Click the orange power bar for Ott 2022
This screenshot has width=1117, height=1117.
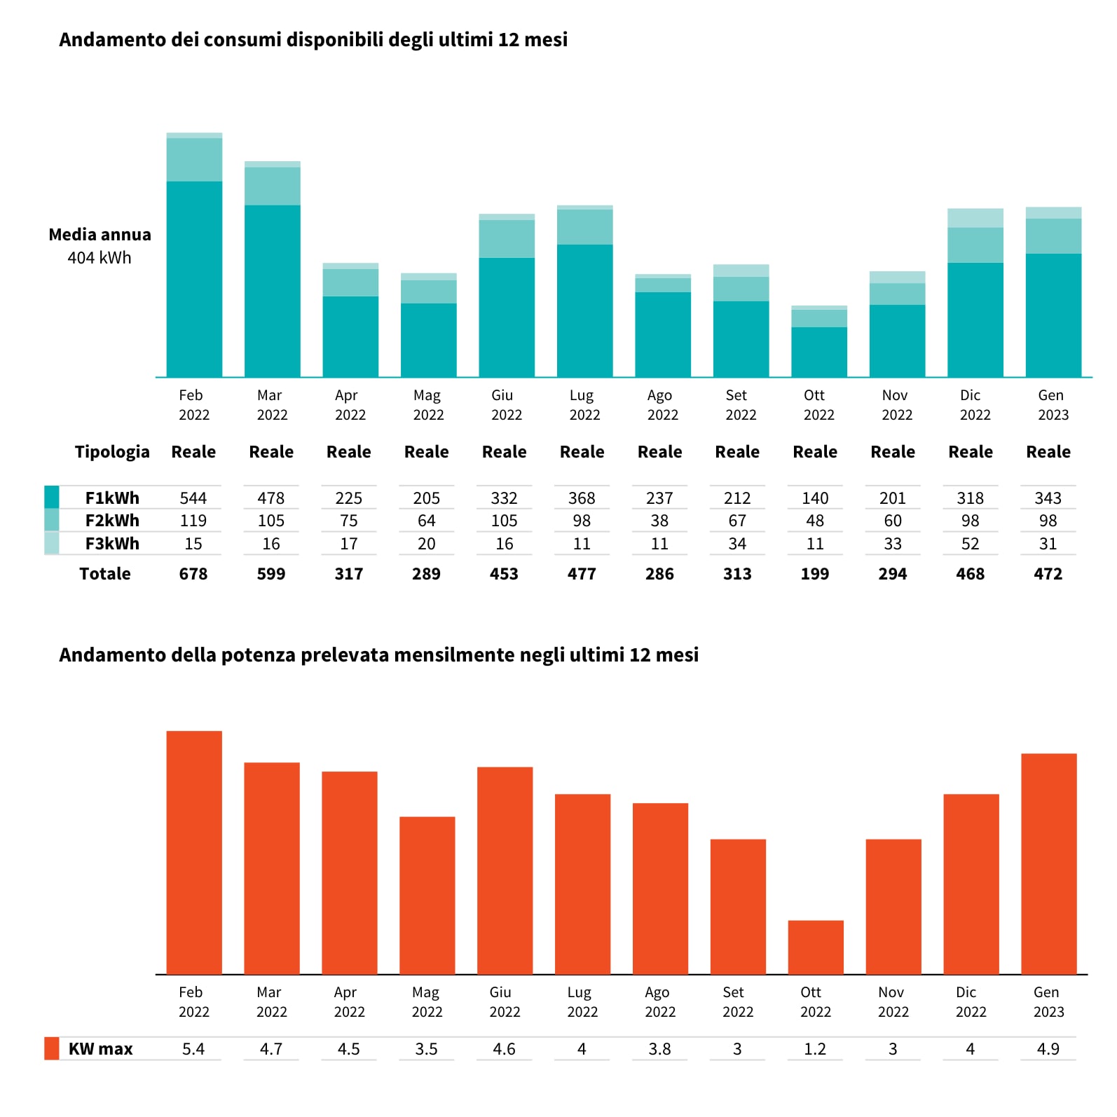(x=816, y=947)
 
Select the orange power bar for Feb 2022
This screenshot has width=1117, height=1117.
(x=194, y=852)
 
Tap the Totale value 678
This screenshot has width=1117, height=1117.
(x=193, y=574)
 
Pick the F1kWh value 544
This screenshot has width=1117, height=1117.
(x=193, y=498)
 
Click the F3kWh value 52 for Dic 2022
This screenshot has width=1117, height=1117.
(x=971, y=544)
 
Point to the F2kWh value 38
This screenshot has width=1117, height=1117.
(x=659, y=521)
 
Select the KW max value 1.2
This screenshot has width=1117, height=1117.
(x=815, y=1049)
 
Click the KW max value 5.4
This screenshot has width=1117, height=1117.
(x=193, y=1049)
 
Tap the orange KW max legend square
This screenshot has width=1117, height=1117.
(x=51, y=1048)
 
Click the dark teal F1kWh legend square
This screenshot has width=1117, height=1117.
(x=51, y=497)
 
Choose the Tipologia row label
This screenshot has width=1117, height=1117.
(x=112, y=452)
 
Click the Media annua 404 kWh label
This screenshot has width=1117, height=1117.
(x=100, y=246)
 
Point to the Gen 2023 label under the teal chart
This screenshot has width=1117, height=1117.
(x=1053, y=405)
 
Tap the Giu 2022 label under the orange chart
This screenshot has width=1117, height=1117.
(x=504, y=1002)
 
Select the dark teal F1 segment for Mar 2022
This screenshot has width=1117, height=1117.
(x=273, y=291)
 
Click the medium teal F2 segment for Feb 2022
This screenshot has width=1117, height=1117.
(x=194, y=160)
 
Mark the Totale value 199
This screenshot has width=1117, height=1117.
(x=815, y=574)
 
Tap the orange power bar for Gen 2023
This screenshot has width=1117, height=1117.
(x=1049, y=863)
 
